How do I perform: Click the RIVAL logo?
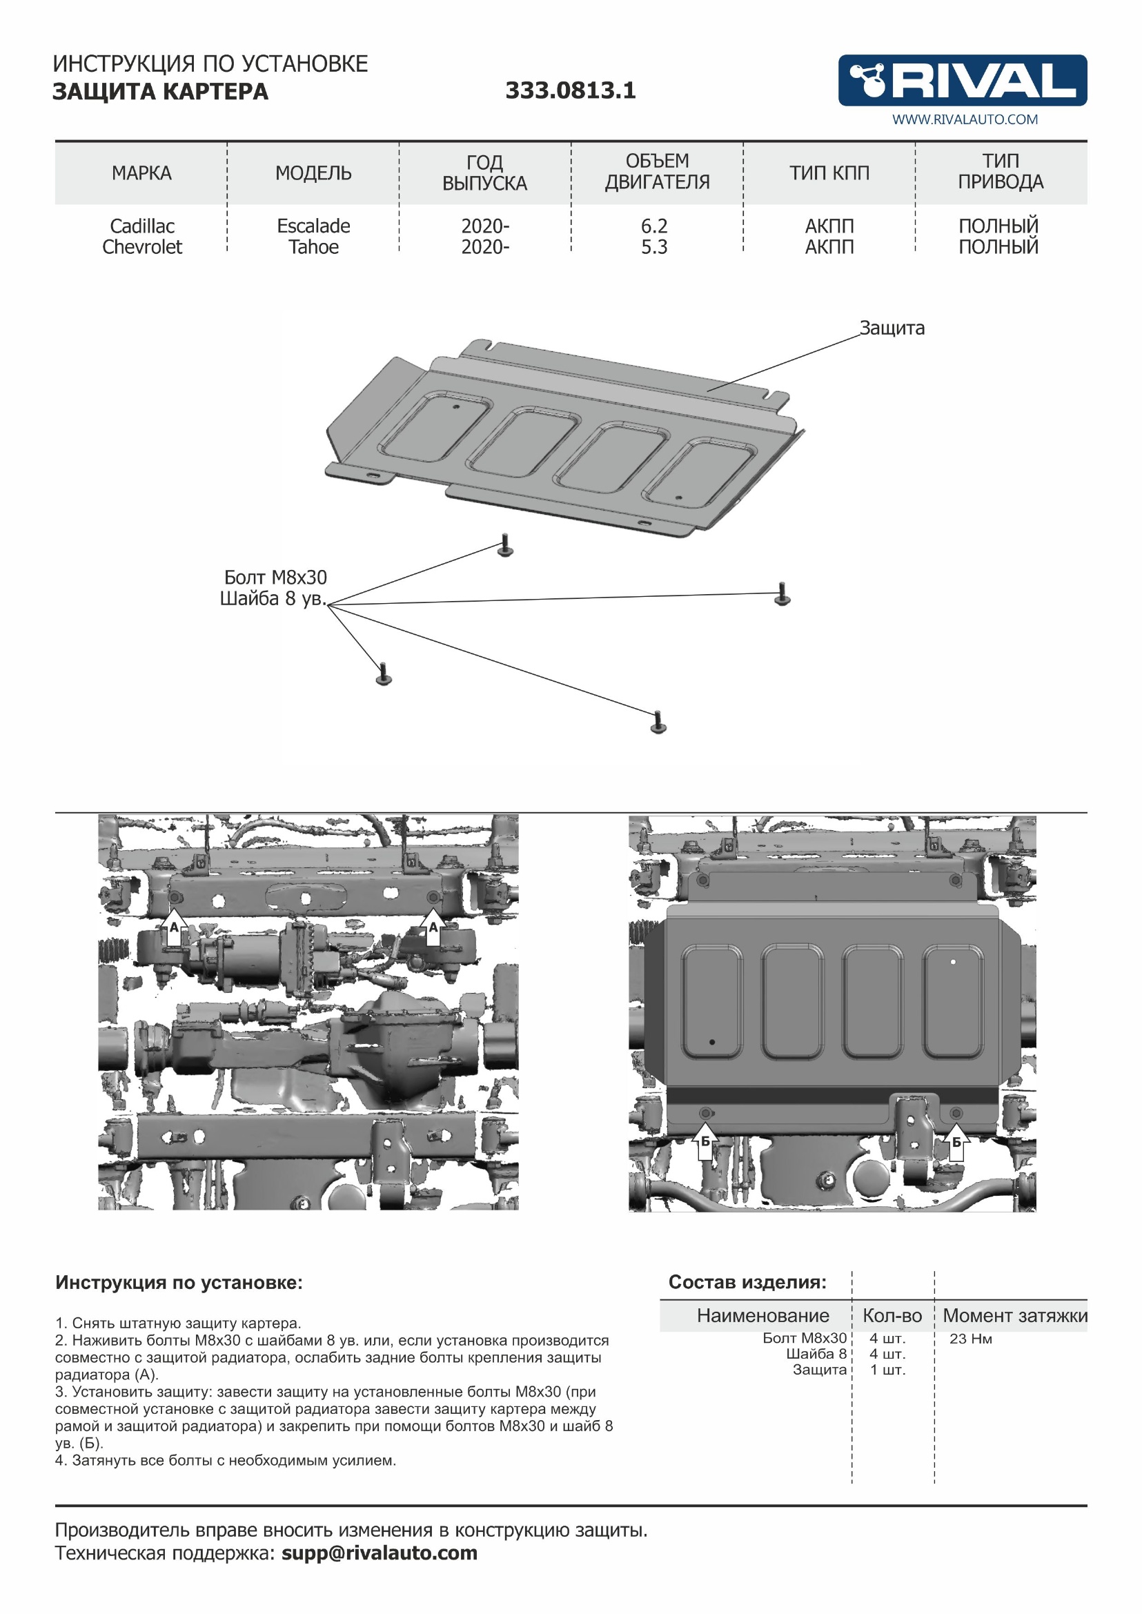961,80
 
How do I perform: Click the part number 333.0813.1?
570,90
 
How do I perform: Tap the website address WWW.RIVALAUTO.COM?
964,119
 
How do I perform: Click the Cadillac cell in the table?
142,226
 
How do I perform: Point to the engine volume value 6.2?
653,226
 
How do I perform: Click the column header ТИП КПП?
829,173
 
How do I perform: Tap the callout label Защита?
892,328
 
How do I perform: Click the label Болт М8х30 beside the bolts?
275,578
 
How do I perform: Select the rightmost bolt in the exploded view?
782,593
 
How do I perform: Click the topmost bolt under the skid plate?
504,546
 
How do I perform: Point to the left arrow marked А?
175,925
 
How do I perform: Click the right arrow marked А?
433,925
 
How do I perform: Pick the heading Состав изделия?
747,1282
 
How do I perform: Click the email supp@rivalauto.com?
379,1553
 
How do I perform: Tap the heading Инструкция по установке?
179,1283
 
